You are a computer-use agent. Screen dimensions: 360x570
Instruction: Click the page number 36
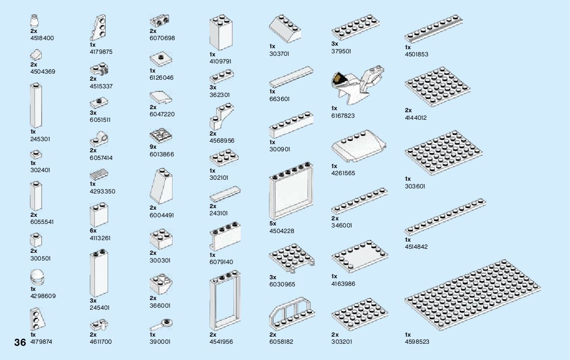click(20, 342)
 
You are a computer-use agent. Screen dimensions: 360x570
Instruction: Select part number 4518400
click(42, 38)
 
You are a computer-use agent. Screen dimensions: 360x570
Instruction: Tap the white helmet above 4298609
click(37, 277)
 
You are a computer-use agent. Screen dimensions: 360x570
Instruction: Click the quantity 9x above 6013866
click(153, 147)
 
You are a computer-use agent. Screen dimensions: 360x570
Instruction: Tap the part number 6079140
click(221, 262)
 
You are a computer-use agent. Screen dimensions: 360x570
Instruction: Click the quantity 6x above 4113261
click(93, 231)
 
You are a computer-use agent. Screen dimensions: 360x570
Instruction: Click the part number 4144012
click(416, 118)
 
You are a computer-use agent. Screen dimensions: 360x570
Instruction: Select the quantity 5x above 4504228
click(273, 223)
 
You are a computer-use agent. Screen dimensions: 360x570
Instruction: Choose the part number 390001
click(160, 342)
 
